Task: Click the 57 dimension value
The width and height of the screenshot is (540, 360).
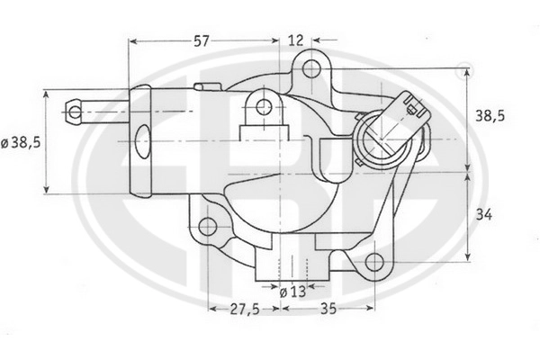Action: [x=201, y=41]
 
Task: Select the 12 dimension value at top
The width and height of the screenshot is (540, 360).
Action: [x=295, y=40]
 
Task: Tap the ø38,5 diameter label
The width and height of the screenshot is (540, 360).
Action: [x=21, y=142]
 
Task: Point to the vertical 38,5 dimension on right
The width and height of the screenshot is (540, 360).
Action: [x=490, y=116]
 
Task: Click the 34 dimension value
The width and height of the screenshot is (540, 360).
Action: [x=484, y=215]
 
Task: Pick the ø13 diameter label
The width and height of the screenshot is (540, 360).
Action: [x=292, y=292]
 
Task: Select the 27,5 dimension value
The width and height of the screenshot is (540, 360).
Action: [x=245, y=309]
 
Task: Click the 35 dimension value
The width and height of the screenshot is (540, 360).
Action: [x=328, y=309]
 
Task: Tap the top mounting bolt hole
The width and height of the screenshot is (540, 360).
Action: [x=311, y=68]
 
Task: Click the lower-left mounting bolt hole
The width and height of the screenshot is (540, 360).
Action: [x=208, y=227]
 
